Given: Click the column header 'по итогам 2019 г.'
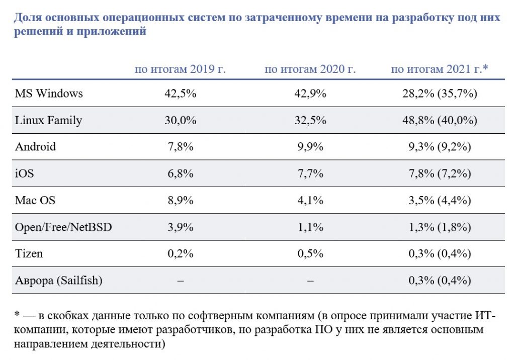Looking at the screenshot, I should [x=180, y=69].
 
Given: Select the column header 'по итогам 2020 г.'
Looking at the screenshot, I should [x=310, y=69].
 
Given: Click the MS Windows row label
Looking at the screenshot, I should [x=49, y=94].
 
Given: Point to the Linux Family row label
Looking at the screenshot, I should [x=48, y=120].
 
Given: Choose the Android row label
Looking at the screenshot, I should [x=35, y=147].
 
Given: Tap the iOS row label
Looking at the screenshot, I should [x=25, y=173].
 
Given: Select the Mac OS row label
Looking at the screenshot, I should [x=35, y=200].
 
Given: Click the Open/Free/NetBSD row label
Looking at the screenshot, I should [x=63, y=227].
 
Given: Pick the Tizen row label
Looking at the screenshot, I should [x=29, y=253].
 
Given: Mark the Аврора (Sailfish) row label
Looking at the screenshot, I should [x=58, y=280].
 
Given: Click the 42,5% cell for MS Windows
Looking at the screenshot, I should [x=180, y=94].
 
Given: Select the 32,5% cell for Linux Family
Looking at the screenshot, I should [x=310, y=120].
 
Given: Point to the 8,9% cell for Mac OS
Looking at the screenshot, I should [x=180, y=200].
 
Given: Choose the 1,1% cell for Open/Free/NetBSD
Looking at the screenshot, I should [x=310, y=227].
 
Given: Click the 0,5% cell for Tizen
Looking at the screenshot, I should [x=310, y=253].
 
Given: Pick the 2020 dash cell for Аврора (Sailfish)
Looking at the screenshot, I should [x=310, y=281].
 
